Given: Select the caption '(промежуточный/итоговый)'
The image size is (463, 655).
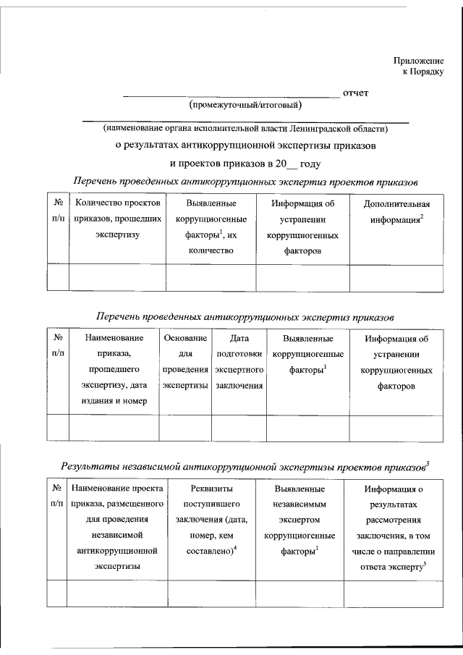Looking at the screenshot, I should (245, 106).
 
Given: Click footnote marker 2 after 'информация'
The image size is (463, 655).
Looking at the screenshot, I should (421, 216).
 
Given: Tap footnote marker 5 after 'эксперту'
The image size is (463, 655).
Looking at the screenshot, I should (426, 564).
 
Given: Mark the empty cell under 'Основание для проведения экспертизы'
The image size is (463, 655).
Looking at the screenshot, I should (185, 427).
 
